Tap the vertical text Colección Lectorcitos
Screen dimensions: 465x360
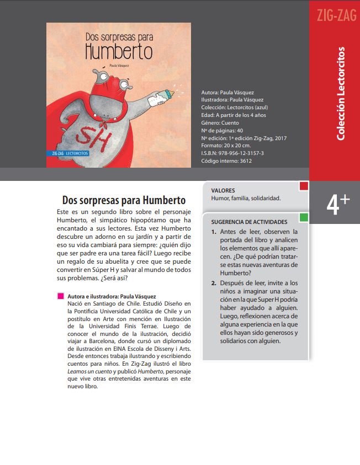tap(341, 93)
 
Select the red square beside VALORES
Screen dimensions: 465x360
tap(304, 186)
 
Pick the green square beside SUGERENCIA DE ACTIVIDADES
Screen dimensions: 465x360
tap(304, 217)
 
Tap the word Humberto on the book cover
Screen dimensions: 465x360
tap(119, 51)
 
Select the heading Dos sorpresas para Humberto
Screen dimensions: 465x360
tap(124, 200)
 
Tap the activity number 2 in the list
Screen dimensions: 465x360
tap(214, 283)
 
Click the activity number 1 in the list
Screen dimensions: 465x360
tap(214, 232)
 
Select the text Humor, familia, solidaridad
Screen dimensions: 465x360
tap(246, 197)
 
